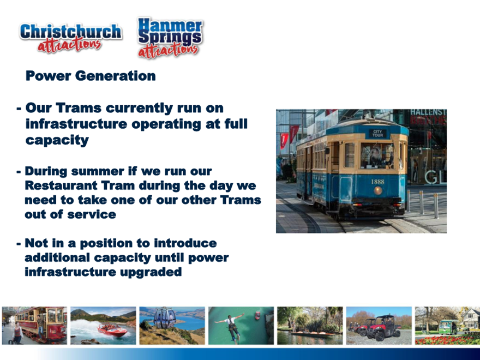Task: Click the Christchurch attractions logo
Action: pos(71,37)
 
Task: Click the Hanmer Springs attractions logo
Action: pos(170,38)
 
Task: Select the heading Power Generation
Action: pos(91,76)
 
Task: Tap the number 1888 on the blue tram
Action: pos(377,182)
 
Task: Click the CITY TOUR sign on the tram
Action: pos(377,134)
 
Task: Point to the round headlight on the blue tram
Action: pos(378,191)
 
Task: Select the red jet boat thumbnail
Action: pos(103,326)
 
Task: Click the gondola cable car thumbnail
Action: pos(172,326)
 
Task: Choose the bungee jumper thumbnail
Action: pos(241,326)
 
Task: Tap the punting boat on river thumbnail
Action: pos(310,326)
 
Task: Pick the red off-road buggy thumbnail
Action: pos(379,326)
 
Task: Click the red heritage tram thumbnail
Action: pos(34,326)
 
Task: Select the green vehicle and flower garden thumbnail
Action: pos(448,326)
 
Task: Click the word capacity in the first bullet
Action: pos(57,140)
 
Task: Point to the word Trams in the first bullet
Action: pos(79,108)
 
